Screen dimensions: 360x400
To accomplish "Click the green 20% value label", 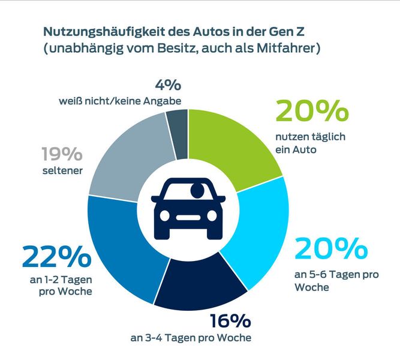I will [311, 112].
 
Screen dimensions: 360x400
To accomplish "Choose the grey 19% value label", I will [62, 155].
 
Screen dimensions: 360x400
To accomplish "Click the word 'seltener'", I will [62, 172].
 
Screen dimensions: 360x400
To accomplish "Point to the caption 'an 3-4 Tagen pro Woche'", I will [191, 338].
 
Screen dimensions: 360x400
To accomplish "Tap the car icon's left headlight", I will [166, 215].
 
